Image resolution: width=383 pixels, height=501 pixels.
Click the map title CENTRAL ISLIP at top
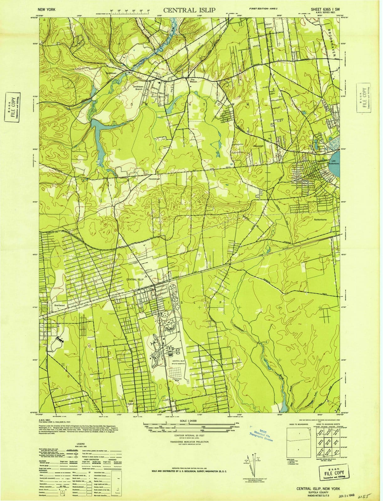[x=189, y=10]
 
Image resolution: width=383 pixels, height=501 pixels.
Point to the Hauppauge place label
[x=154, y=179]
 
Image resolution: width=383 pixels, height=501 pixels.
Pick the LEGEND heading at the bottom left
[x=81, y=444]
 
